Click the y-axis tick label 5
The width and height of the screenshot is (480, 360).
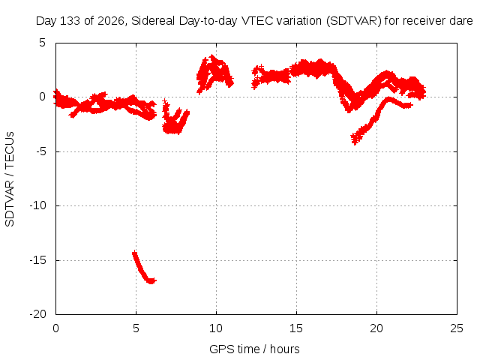(x=42, y=43)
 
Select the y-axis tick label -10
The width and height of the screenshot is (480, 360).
(x=37, y=205)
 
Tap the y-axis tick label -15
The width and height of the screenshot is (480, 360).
(x=37, y=260)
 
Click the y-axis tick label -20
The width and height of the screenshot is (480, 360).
(x=37, y=314)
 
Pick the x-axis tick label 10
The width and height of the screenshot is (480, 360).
(x=216, y=328)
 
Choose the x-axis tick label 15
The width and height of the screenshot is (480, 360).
(x=296, y=328)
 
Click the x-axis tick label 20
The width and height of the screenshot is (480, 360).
(x=376, y=328)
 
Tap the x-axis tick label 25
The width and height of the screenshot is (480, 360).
(x=457, y=328)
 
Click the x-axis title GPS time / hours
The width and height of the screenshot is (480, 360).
(x=254, y=349)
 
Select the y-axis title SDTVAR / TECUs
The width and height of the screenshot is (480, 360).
(x=10, y=179)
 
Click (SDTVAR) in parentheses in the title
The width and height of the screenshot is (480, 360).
(x=353, y=21)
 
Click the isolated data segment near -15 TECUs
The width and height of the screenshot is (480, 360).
(x=143, y=268)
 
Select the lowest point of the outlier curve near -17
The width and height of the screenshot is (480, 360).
(x=151, y=282)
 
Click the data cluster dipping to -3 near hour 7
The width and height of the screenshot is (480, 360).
(x=175, y=118)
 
